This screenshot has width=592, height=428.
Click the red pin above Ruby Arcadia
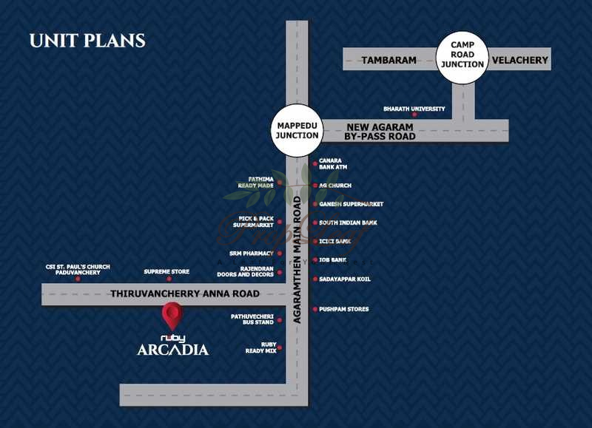tap(172, 316)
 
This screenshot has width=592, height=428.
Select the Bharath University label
tap(414, 109)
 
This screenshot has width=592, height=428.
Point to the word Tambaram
tap(389, 60)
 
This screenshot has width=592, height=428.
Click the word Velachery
tap(520, 60)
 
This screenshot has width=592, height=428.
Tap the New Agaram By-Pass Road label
tap(380, 132)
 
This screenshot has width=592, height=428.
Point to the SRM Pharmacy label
tap(251, 254)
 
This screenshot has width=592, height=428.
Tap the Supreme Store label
tap(166, 272)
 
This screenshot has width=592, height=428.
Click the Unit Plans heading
tap(87, 41)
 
